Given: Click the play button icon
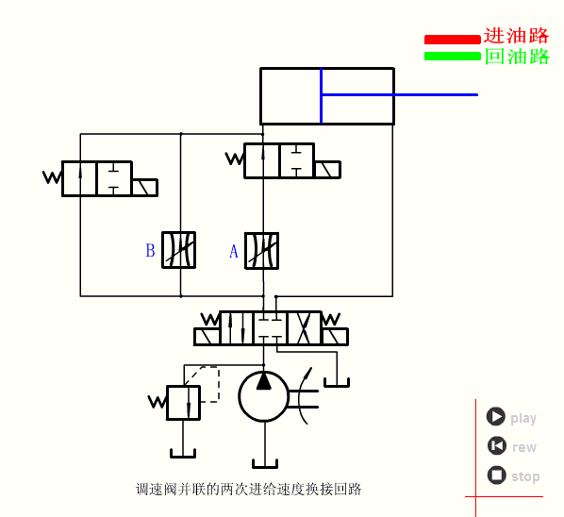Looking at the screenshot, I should tap(496, 417).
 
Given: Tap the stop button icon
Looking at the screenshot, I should tap(496, 475).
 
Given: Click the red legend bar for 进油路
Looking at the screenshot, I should tap(452, 40).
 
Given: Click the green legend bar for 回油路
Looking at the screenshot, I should tap(452, 56).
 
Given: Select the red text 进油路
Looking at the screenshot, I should tap(516, 36).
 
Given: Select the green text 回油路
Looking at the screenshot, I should tap(516, 57).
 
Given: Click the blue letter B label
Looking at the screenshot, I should tap(150, 251).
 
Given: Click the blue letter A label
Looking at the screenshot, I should tap(234, 251).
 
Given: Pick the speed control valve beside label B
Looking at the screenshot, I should tap(178, 250).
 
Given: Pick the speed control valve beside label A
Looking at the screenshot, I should tap(262, 250).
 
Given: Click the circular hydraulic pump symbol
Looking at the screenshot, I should tap(264, 396).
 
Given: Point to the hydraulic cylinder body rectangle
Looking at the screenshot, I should tap(326, 96).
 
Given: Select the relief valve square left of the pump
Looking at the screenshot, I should tap(183, 402).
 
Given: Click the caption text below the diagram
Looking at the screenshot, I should tap(249, 489).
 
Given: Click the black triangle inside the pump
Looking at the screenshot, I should tap(264, 380).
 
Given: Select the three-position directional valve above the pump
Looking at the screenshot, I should tap(271, 328).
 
